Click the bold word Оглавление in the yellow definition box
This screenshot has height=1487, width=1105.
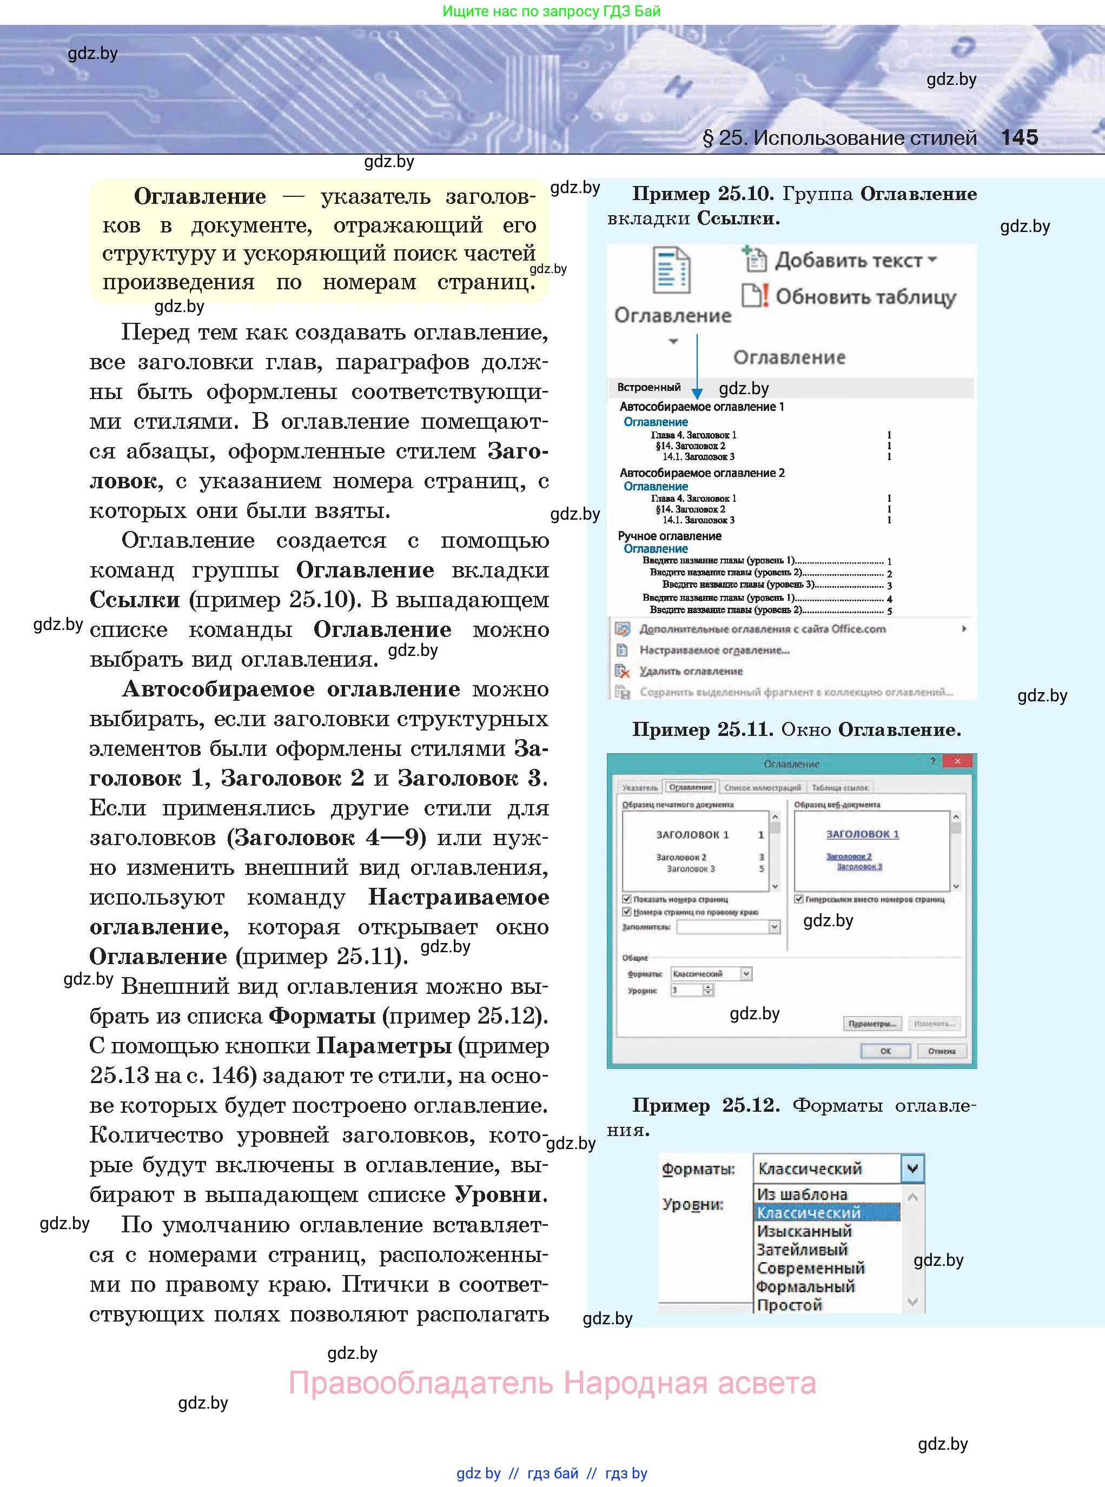[x=200, y=197]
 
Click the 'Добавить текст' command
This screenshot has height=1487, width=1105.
[x=848, y=260]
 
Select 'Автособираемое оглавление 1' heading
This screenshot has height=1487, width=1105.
[x=701, y=407]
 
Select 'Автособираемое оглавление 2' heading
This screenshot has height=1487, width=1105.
[x=702, y=473]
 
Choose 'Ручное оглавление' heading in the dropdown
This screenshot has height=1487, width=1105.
[x=669, y=535]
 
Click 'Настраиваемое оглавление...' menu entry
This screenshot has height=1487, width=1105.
[x=714, y=650]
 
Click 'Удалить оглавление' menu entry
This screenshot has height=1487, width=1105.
[x=690, y=671]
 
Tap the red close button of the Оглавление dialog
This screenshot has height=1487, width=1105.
[x=958, y=761]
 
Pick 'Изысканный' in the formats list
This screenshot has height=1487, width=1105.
[x=804, y=1231]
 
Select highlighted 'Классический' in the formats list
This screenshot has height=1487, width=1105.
[x=808, y=1212]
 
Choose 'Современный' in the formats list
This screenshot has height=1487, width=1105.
[x=811, y=1267]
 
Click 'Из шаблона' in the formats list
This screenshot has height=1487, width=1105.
[x=802, y=1194]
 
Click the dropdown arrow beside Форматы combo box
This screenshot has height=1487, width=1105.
[x=912, y=1169]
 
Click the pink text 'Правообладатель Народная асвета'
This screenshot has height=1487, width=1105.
[x=552, y=1383]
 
